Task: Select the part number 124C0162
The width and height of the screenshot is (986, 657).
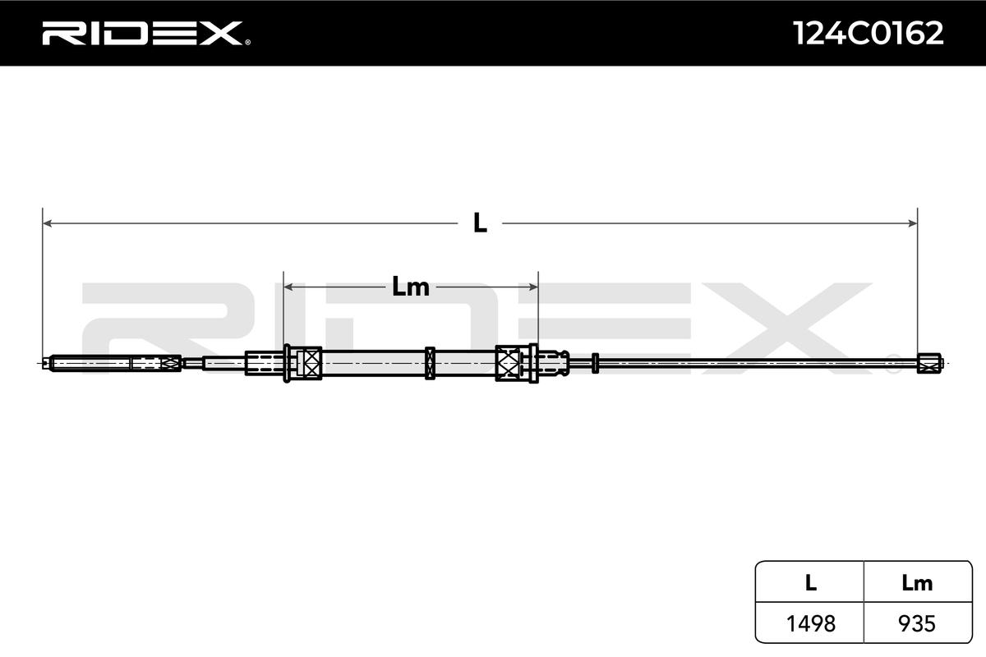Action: (868, 33)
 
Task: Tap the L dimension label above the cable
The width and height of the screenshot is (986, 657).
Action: (480, 223)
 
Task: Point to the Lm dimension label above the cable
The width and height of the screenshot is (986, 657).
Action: (410, 287)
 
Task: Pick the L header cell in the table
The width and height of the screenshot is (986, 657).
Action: (810, 583)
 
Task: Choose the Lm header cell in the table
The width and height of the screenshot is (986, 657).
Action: (917, 583)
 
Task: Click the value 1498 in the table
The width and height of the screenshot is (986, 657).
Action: (810, 623)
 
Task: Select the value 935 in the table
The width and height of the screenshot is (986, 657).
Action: (917, 623)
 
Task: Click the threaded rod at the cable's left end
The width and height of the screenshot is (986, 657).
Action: (90, 362)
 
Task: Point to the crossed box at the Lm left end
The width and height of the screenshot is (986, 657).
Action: (309, 362)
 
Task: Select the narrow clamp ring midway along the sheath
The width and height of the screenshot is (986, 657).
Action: (430, 362)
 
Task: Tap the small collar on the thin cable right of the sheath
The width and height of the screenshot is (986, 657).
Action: (595, 362)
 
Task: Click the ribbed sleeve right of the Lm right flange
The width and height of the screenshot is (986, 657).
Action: (552, 362)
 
